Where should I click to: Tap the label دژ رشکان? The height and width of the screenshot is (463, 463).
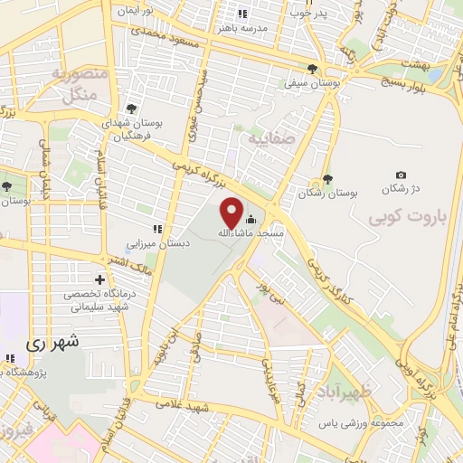[x=402, y=188]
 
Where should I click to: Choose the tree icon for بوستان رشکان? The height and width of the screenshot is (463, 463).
[x=328, y=180]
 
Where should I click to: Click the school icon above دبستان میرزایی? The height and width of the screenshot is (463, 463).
[x=157, y=230]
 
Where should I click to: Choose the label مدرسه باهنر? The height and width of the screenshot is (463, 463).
[x=242, y=28]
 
